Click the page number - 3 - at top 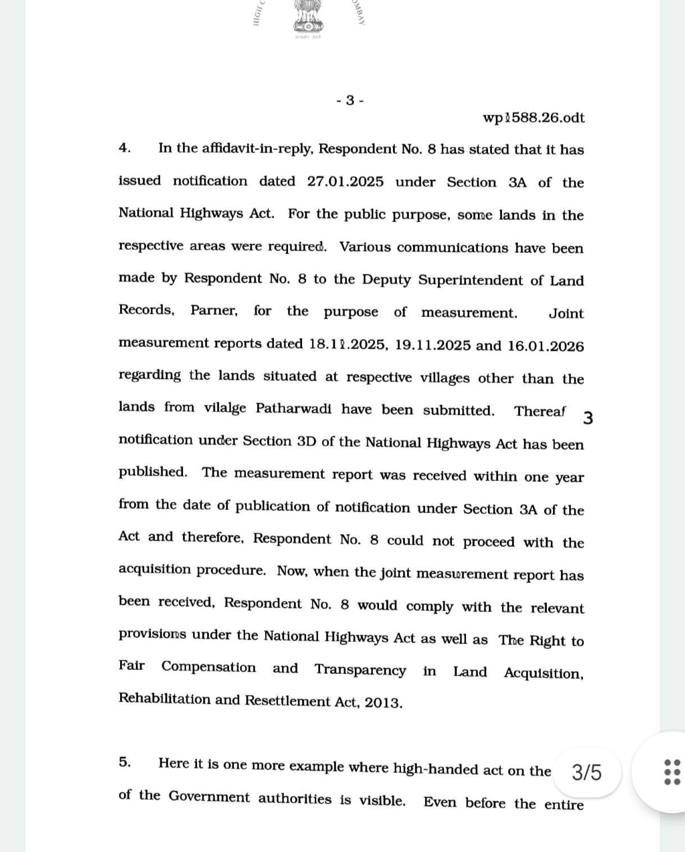click(350, 101)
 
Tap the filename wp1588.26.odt click(533, 117)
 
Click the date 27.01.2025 click(345, 182)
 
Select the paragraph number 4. click(125, 148)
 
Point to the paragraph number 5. click(125, 763)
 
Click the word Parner click(214, 311)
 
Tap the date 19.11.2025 click(432, 345)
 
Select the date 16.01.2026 click(546, 346)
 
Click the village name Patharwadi click(294, 409)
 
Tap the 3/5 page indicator click(587, 773)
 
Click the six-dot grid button click(672, 772)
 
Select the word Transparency click(360, 670)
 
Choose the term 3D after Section click(307, 441)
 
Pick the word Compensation click(208, 667)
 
